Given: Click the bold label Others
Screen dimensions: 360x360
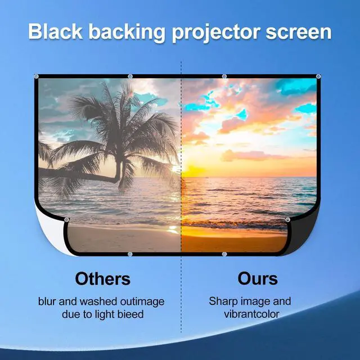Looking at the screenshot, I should [x=102, y=278].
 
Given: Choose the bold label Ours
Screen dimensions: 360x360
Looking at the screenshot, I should [x=258, y=278].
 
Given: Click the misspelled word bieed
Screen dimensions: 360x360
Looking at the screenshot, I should [x=130, y=314].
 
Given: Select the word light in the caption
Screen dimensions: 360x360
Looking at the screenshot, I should [x=102, y=314].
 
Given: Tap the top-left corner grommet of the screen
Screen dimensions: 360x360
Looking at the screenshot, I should [x=37, y=76].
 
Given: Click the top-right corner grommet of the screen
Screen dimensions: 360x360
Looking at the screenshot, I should [x=318, y=76].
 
